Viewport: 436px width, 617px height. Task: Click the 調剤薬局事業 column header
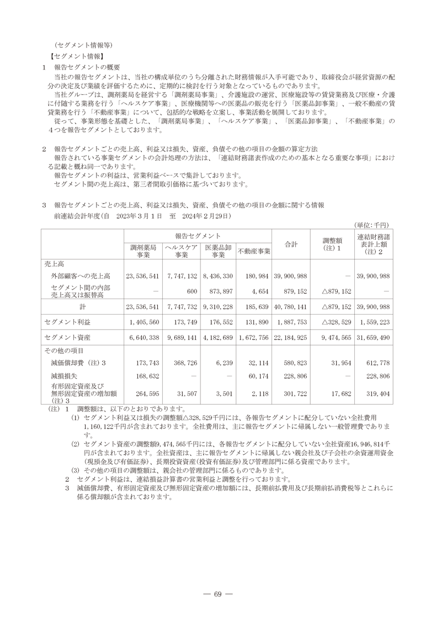click(x=143, y=251)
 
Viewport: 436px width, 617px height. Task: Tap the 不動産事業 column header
click(x=254, y=252)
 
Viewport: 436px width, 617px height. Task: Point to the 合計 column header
click(x=291, y=243)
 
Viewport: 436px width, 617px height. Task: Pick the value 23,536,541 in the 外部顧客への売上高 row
click(x=143, y=275)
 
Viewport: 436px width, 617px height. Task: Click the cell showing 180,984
click(x=255, y=275)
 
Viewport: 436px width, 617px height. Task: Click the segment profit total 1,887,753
click(x=291, y=322)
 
